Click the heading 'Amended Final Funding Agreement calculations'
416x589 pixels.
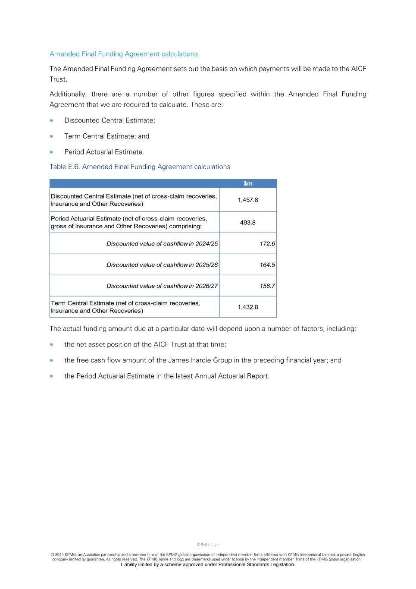pos(123,54)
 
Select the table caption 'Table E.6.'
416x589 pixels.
pos(64,167)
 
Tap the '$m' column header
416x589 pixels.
pos(248,183)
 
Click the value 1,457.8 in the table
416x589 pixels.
pos(248,200)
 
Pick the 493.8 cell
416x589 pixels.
pos(248,223)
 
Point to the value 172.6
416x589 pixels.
pos(267,244)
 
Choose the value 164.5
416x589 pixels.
pos(267,265)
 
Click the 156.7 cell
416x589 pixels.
pos(267,286)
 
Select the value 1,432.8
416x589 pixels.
pos(248,307)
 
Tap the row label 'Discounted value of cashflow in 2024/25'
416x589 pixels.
pos(162,244)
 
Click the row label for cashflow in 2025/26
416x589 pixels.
pos(162,265)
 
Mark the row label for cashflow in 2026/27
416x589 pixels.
pos(162,286)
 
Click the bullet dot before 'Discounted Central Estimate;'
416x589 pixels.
pos(52,120)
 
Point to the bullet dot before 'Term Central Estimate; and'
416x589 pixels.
pos(52,136)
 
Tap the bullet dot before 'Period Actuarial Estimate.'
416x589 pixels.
pos(52,152)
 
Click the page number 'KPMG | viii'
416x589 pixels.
pos(208,545)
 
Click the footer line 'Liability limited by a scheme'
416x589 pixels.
pos(208,564)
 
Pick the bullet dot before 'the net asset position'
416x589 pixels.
pos(52,345)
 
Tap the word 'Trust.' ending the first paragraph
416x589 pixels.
pos(58,79)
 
